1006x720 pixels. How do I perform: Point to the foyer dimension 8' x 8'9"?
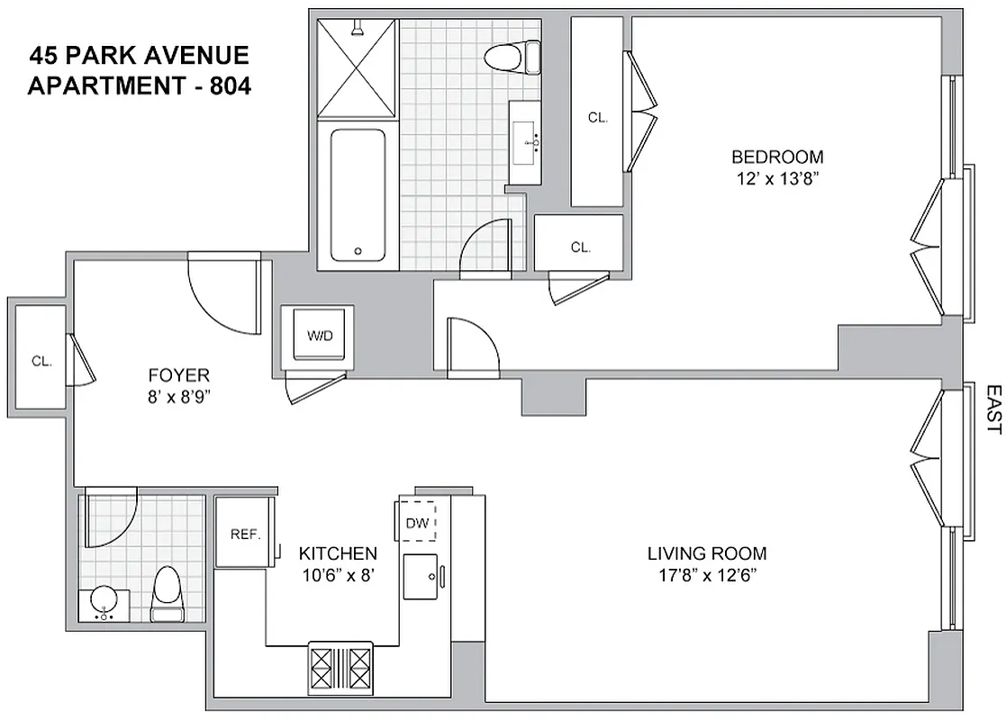[x=180, y=395]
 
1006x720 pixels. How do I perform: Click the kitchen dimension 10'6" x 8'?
[x=338, y=575]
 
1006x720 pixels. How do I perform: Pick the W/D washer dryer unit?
[x=320, y=337]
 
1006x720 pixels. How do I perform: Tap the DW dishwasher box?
[x=417, y=522]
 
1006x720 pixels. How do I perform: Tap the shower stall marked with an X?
[x=357, y=67]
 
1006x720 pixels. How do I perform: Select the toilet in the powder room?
[x=168, y=594]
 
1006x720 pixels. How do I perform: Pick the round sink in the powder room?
[x=105, y=603]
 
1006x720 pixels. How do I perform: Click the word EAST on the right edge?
[x=992, y=410]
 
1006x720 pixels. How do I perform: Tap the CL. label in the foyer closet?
[x=41, y=361]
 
